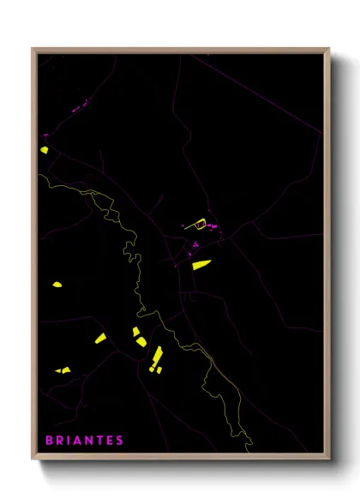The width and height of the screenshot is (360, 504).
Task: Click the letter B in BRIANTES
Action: tap(48, 440)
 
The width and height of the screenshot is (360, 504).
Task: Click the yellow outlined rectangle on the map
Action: tap(201, 225)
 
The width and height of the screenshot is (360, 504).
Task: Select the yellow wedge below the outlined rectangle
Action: tap(201, 264)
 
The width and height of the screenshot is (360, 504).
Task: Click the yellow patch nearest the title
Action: tap(63, 370)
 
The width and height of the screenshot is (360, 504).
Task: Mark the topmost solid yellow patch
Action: tap(44, 149)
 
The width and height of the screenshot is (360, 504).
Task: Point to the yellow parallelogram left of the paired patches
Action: tap(100, 339)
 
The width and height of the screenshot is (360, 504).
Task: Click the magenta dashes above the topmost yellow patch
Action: tap(45, 135)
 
